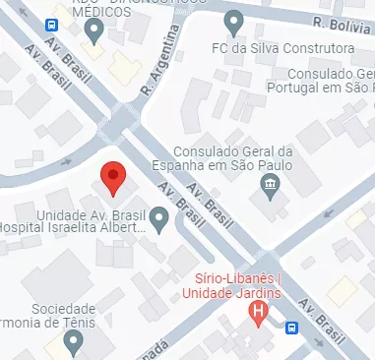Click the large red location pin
point(114,177)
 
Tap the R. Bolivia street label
point(341,23)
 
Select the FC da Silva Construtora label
point(282,48)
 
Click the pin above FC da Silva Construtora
point(233,23)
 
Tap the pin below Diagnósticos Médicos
point(94,32)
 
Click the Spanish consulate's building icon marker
point(268,186)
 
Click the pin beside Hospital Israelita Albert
point(159,219)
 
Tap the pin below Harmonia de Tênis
point(72,341)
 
